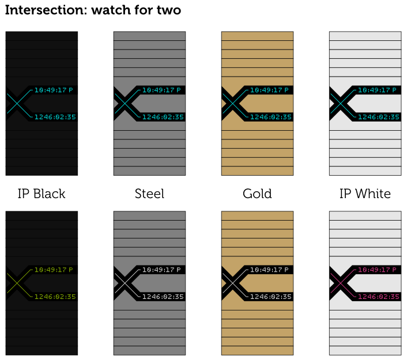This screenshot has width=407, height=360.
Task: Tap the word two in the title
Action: click(168, 10)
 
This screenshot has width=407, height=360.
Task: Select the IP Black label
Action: click(42, 194)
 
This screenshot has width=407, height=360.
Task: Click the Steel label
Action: click(149, 194)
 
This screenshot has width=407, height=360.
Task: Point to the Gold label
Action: click(257, 194)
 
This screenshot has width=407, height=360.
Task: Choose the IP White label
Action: click(365, 194)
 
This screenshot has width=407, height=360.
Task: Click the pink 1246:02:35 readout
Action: click(378, 297)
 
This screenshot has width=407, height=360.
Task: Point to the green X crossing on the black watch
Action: click(17, 283)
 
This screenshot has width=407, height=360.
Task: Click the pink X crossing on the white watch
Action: click(340, 283)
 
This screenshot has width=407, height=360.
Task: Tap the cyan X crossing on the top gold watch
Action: click(232, 103)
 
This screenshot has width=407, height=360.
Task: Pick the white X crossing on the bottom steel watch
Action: click(125, 283)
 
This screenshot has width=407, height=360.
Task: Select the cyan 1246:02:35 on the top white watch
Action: click(378, 118)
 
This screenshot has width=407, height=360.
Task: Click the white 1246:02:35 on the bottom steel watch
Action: click(163, 297)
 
